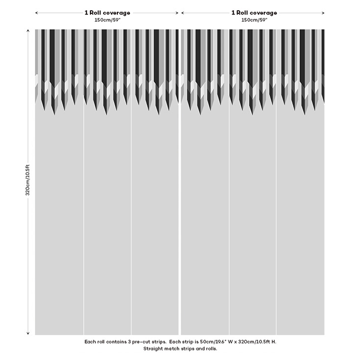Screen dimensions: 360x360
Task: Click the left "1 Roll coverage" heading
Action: coord(107,13)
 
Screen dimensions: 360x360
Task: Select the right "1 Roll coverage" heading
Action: coord(254,13)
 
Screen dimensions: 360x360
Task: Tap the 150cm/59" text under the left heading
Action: coord(107,20)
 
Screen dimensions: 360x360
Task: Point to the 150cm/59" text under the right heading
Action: coord(254,20)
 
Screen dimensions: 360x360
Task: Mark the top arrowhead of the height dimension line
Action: coord(28,31)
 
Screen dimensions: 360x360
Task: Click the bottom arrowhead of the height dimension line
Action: coord(28,333)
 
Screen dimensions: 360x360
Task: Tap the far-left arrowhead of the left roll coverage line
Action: coord(37,13)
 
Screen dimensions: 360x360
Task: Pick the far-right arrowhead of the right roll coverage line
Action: coord(323,13)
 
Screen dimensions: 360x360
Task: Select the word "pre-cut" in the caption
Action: coord(143,342)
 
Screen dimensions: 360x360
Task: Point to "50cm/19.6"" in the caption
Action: coord(210,342)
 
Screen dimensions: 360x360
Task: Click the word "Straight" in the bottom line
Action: coord(153,349)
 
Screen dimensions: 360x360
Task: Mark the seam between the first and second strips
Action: coord(83,203)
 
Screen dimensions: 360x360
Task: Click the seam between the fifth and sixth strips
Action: coord(276,203)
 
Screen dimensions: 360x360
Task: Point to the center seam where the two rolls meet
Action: coord(180,203)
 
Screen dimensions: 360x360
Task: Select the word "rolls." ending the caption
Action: coord(210,349)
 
